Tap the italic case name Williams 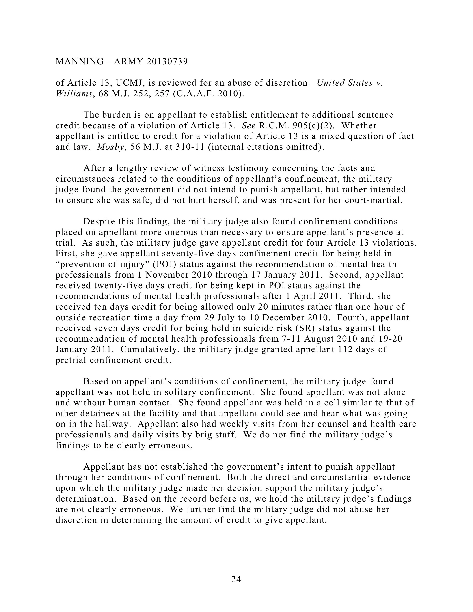pos(74,94)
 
